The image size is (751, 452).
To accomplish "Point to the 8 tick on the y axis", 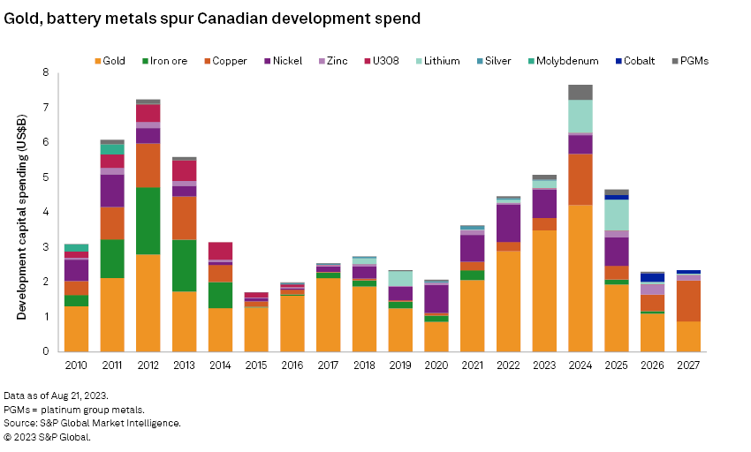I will point(46,72).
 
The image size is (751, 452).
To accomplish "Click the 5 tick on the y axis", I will point(46,177).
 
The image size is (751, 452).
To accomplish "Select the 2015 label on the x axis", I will point(256,365).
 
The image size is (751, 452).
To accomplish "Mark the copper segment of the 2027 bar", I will point(688,301).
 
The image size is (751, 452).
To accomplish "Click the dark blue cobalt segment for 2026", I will point(652,277).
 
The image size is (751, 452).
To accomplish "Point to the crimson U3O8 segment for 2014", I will point(221,251).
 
